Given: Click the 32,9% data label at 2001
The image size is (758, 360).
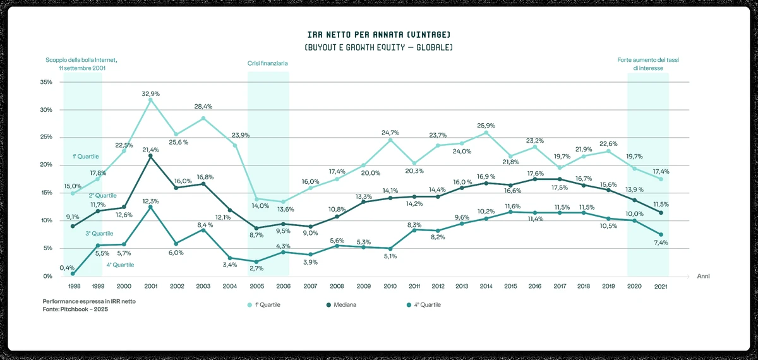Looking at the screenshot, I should (x=150, y=93).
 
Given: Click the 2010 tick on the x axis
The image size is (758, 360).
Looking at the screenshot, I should (x=390, y=286).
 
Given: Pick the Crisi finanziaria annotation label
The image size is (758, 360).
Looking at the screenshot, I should (x=268, y=63).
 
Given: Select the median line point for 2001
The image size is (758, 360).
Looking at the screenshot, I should (x=150, y=157).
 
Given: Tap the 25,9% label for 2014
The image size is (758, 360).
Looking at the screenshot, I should (x=486, y=125).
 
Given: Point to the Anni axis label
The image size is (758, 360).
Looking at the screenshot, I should (x=704, y=277).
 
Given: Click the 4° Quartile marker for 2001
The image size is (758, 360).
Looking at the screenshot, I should (x=150, y=207).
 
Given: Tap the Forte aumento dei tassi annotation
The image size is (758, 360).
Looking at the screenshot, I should (x=648, y=64).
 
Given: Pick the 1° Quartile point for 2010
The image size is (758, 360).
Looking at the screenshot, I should (x=390, y=140).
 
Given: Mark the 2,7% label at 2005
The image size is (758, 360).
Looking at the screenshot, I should (x=256, y=268).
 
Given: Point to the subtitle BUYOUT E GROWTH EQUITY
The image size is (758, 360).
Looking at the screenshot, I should (x=378, y=48).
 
